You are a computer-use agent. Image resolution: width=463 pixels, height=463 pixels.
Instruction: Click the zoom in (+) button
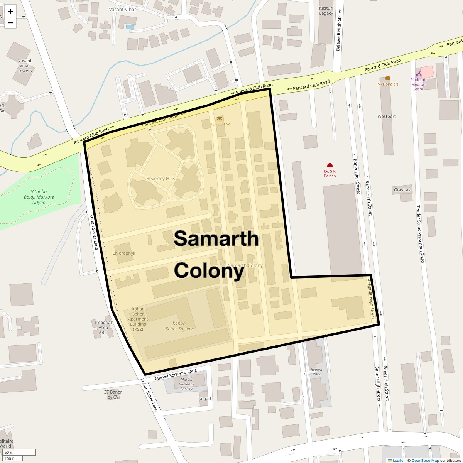(10, 11)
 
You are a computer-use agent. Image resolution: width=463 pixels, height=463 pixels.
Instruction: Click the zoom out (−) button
(10, 23)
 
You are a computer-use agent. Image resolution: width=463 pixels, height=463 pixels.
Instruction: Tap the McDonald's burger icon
(387, 78)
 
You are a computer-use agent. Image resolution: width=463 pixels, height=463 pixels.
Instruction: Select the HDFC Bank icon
(220, 118)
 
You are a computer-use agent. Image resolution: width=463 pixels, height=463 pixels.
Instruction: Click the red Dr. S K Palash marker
(330, 166)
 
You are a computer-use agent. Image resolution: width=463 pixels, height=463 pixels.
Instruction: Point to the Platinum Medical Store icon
(418, 74)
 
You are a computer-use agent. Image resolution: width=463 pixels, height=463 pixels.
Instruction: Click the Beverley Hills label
(161, 179)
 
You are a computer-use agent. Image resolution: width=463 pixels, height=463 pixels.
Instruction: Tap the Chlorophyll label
(124, 253)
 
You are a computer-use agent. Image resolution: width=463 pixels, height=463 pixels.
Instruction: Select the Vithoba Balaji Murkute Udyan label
(42, 197)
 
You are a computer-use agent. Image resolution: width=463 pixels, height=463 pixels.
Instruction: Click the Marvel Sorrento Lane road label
(176, 375)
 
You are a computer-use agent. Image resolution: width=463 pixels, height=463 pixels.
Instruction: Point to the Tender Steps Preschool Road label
(420, 234)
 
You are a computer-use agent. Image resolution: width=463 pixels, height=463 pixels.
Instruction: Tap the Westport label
(387, 116)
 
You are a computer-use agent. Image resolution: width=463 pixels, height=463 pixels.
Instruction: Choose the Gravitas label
(402, 190)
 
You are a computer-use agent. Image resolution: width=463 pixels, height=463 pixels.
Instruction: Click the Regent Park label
(316, 372)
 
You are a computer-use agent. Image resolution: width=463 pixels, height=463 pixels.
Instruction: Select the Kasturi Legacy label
(326, 11)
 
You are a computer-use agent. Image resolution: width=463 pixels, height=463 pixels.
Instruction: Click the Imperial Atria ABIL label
(103, 327)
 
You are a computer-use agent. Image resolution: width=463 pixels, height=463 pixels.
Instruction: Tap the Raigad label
(204, 399)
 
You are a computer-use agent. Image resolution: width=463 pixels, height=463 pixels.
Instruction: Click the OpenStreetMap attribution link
(425, 460)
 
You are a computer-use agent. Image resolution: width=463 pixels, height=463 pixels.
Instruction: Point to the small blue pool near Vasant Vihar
(130, 27)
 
